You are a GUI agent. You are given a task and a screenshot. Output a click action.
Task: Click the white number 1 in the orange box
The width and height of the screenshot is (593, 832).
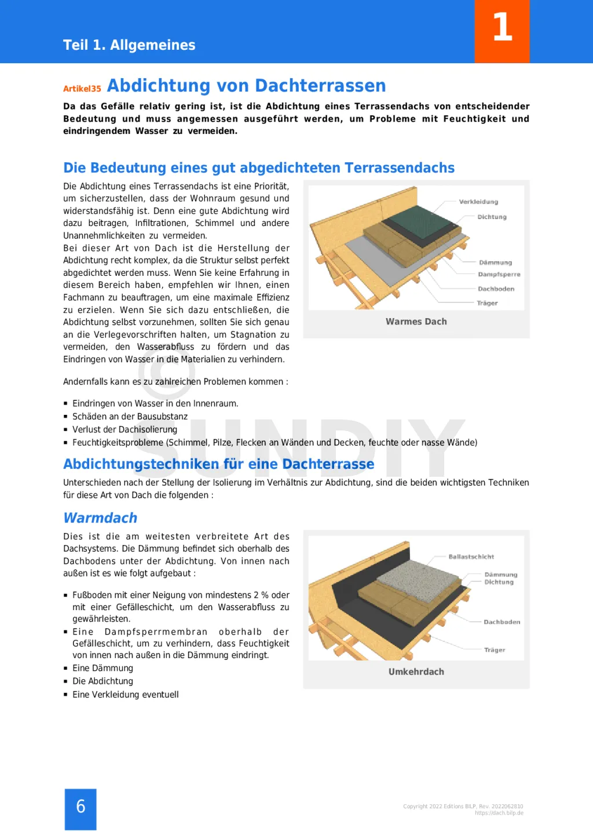[x=502, y=27]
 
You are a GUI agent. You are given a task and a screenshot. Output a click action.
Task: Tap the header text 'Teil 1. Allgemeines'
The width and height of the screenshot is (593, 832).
[x=129, y=45]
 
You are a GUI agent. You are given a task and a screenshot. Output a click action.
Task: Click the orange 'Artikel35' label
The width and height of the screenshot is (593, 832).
[x=82, y=89]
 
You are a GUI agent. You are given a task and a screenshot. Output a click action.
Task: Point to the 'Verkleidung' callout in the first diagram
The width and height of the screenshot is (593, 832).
[x=478, y=202]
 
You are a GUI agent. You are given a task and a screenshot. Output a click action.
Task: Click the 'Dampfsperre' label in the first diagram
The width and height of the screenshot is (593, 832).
[x=499, y=274]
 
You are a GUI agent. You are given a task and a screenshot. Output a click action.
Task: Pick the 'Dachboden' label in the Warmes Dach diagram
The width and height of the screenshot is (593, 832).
[x=496, y=289]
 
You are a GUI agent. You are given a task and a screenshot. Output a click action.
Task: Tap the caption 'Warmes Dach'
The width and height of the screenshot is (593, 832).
[x=416, y=322]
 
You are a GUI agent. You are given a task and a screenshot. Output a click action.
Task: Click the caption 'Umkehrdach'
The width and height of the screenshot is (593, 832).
[x=416, y=672]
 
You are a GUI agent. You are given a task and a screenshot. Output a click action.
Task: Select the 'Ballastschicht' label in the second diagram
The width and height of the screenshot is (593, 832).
[x=471, y=557]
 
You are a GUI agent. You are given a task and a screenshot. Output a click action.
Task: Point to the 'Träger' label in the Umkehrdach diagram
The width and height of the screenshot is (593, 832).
[x=495, y=650]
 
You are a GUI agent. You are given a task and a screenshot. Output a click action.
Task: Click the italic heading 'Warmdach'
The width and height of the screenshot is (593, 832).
[x=100, y=518]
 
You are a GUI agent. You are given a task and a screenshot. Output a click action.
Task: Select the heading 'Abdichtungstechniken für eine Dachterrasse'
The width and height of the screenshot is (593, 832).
[x=218, y=464]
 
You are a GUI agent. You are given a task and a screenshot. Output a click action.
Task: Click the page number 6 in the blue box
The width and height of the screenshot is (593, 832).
[x=80, y=807]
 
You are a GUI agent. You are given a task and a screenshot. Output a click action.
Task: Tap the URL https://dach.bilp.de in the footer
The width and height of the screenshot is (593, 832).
[x=499, y=813]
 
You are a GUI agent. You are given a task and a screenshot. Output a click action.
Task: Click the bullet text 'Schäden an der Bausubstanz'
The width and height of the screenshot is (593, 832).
[x=130, y=417]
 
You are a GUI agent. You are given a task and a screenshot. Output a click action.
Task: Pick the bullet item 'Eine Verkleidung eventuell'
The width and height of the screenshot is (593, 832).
[x=125, y=695]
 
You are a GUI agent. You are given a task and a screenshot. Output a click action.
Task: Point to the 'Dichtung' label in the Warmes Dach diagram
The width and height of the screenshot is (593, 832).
[x=492, y=217]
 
